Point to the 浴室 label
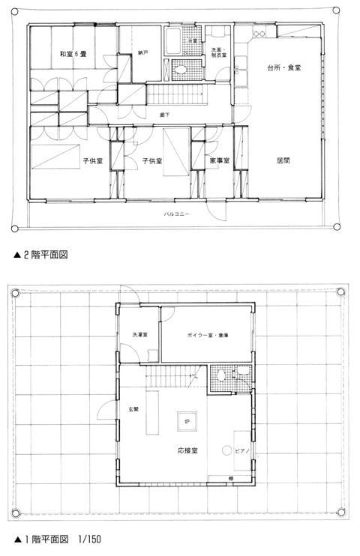tap(193, 40)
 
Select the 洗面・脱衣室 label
tap(219, 52)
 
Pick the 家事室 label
tap(218, 161)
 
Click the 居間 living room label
tap(283, 160)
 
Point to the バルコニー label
tap(177, 215)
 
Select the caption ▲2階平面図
tap(42, 255)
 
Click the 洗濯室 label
tap(140, 334)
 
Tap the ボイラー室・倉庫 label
tap(207, 334)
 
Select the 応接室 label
tap(187, 451)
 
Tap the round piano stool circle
tap(226, 450)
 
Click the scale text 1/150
tap(88, 539)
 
